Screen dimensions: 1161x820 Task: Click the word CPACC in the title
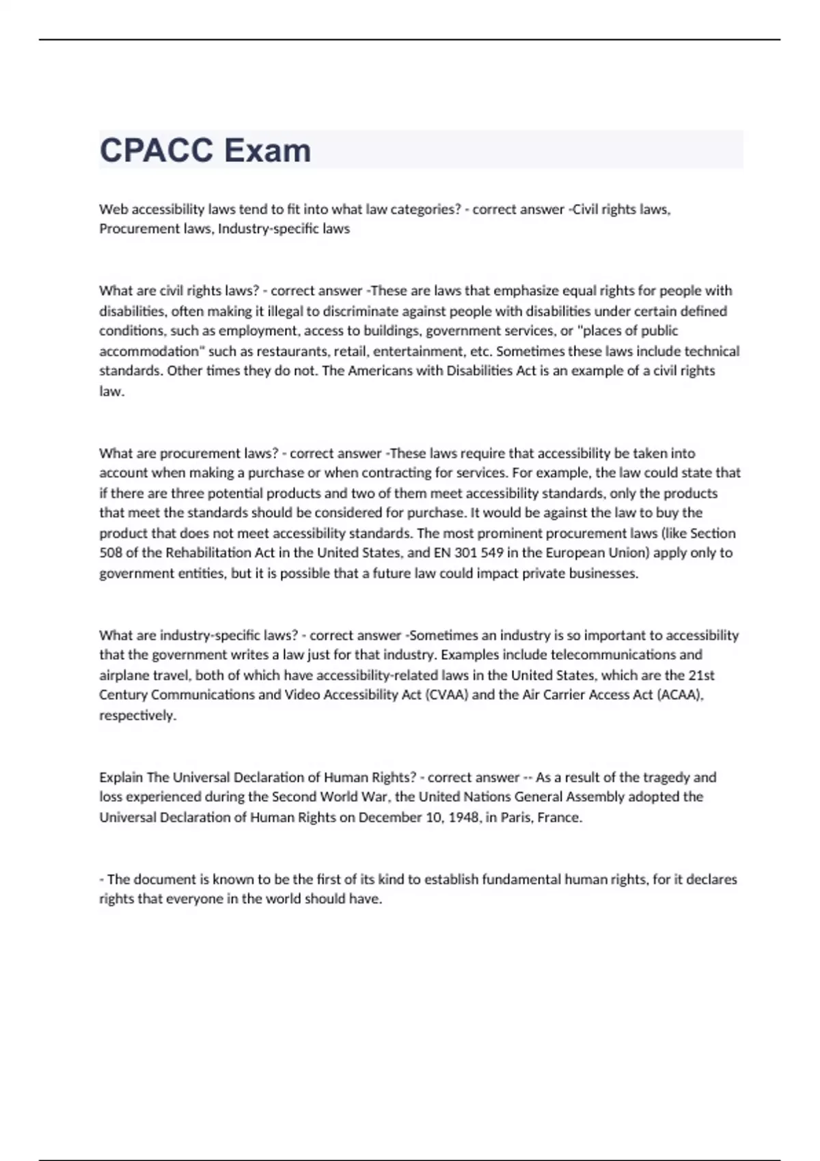coord(156,150)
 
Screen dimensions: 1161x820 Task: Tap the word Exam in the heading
coord(267,150)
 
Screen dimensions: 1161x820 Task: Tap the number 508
coord(110,552)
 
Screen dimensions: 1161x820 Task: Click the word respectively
coord(137,715)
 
